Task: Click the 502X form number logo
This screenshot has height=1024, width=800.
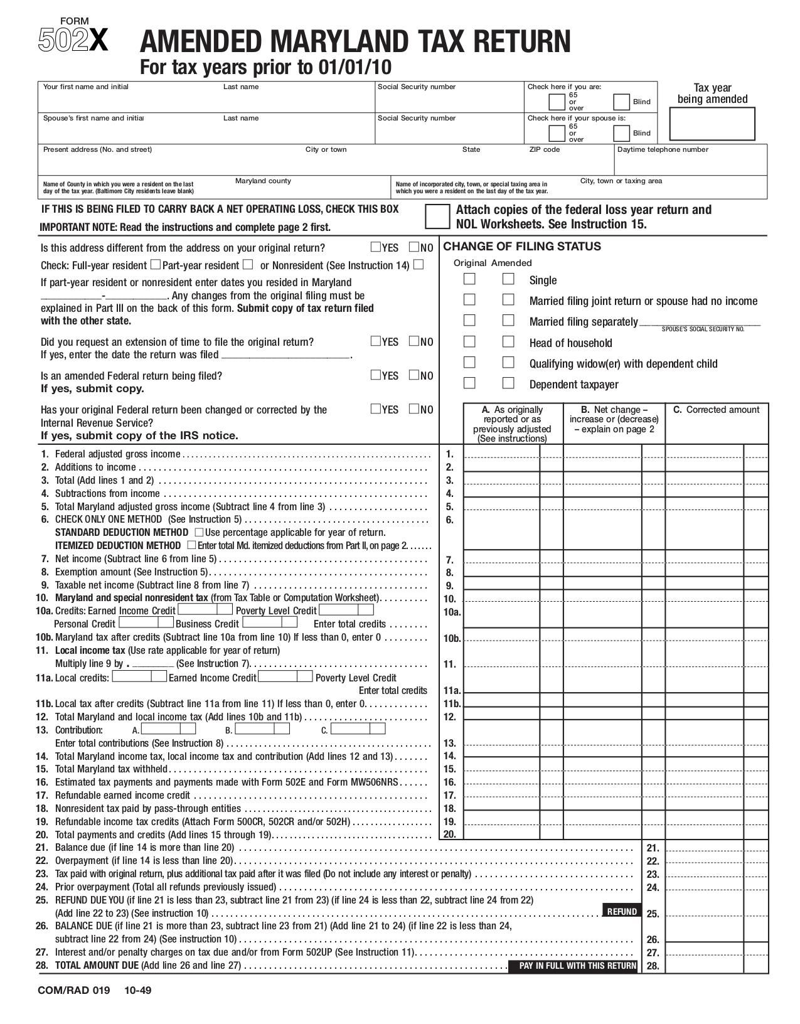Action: (x=73, y=40)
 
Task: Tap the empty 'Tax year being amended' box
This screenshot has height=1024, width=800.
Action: (x=712, y=124)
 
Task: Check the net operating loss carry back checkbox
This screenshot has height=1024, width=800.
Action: (x=437, y=216)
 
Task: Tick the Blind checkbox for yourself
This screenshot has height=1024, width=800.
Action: (x=621, y=102)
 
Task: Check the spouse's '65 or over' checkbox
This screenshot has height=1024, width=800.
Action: (x=557, y=133)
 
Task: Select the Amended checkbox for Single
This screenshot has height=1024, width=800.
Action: (x=508, y=279)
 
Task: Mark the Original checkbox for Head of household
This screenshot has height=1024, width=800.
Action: (x=469, y=341)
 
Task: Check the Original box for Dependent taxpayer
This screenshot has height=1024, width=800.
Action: (x=469, y=383)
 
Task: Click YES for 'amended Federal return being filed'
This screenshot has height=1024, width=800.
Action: (x=376, y=375)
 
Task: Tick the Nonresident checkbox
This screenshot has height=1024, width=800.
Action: (x=419, y=264)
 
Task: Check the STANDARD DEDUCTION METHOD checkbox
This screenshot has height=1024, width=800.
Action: (x=199, y=532)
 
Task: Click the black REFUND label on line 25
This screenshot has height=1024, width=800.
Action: (x=622, y=911)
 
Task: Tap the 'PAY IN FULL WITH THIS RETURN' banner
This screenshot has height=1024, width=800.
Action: (x=577, y=966)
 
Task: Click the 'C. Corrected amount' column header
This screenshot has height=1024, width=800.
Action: (x=716, y=410)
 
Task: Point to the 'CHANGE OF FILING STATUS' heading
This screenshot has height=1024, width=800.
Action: (x=522, y=246)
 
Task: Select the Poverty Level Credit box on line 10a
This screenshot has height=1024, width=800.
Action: (x=346, y=609)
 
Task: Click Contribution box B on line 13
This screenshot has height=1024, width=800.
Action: (x=262, y=728)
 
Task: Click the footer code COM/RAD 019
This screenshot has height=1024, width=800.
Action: (x=73, y=991)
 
